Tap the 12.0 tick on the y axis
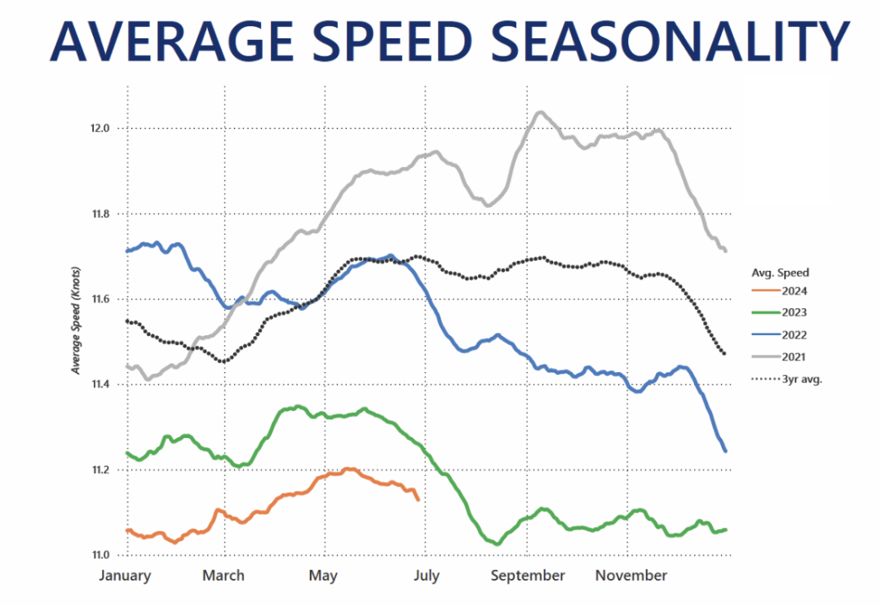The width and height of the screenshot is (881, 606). pyautogui.click(x=102, y=129)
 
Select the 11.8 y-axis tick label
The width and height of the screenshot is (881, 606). pyautogui.click(x=102, y=215)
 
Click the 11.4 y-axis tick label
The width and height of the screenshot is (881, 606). pyautogui.click(x=102, y=385)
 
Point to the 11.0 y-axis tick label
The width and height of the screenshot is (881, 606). pyautogui.click(x=102, y=555)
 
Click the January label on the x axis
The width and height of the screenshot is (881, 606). pyautogui.click(x=126, y=576)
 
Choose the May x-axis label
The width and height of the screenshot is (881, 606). pyautogui.click(x=323, y=576)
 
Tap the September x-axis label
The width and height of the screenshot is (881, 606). pyautogui.click(x=528, y=576)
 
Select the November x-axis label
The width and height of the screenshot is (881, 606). pyautogui.click(x=631, y=576)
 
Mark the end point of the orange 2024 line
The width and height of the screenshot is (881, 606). pyautogui.click(x=418, y=499)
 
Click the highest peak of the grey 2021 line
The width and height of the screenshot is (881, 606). pyautogui.click(x=540, y=113)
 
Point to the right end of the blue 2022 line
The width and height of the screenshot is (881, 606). pyautogui.click(x=725, y=450)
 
